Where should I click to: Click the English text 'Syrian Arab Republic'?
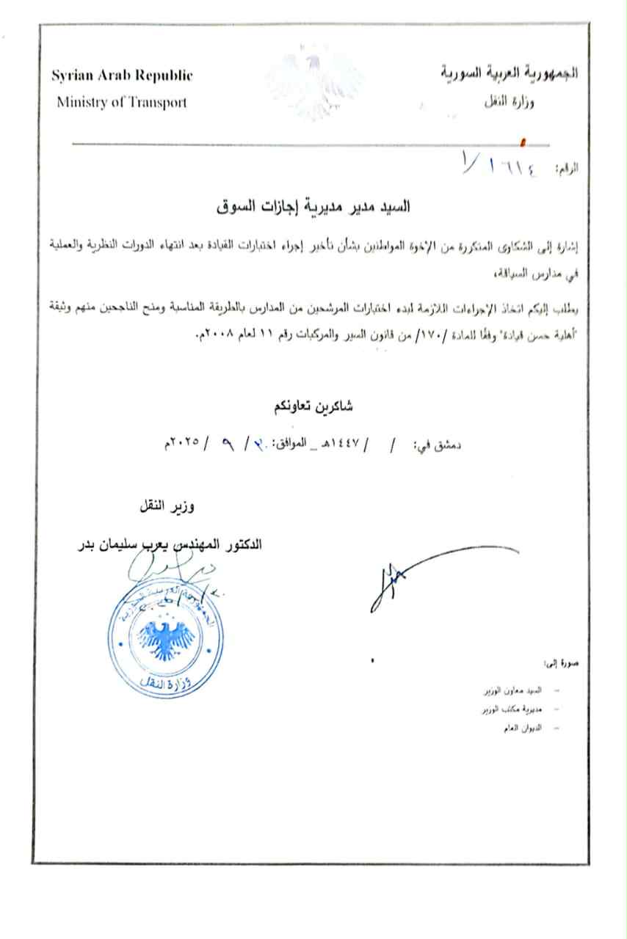coord(121,76)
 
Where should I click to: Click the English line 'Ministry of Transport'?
coord(121,102)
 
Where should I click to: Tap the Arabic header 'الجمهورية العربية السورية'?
coord(510,73)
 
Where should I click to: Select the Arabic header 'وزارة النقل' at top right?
coord(510,102)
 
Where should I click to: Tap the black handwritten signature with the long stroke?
coord(411,580)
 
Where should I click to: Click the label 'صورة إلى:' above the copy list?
coord(563,665)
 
